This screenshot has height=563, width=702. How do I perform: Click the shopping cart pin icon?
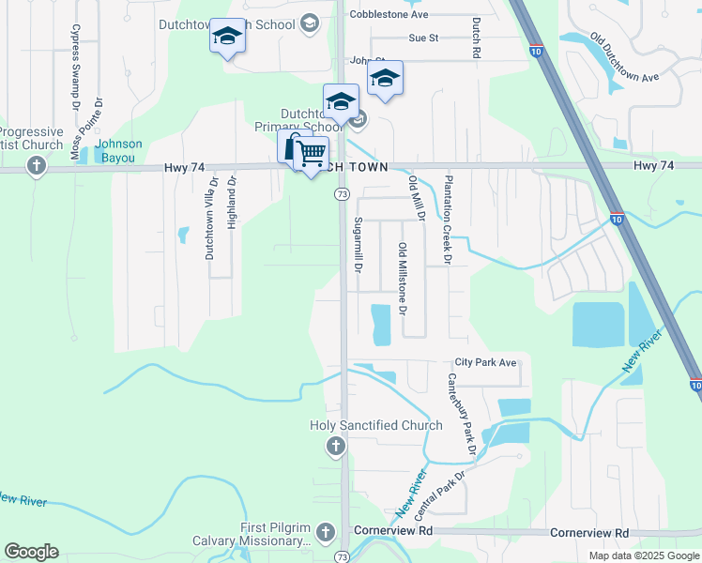pos(312,152)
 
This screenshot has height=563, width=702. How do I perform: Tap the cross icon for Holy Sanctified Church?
pos(336,448)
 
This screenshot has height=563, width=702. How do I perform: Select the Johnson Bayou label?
pos(120,150)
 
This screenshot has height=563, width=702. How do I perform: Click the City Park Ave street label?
pos(485,362)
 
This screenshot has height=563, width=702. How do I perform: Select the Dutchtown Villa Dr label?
pos(209,218)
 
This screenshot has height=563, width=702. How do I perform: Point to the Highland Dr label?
pos(231,203)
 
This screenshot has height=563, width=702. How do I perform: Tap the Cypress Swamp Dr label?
pos(74,60)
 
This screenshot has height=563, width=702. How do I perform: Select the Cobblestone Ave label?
pos(388,15)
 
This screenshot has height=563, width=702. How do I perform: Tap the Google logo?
pos(31,552)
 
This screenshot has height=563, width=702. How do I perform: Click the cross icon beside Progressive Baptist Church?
pos(37,167)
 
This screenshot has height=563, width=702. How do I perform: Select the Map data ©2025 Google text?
pos(643,555)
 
